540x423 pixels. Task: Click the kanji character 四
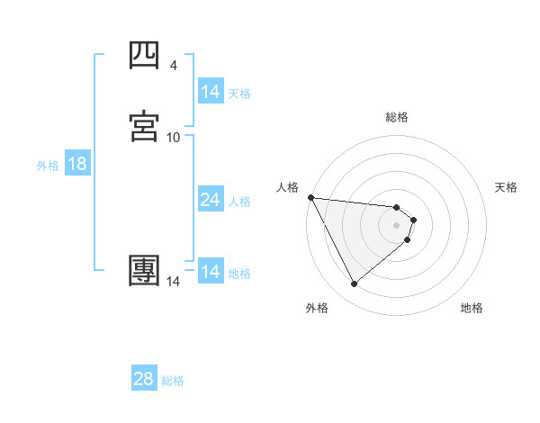pyautogui.click(x=145, y=56)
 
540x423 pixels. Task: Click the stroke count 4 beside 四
pyautogui.click(x=174, y=66)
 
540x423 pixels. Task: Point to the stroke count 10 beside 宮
pyautogui.click(x=174, y=137)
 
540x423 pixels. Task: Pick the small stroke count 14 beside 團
pyautogui.click(x=174, y=282)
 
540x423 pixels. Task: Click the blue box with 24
pyautogui.click(x=210, y=201)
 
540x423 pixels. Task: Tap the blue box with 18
pyautogui.click(x=76, y=165)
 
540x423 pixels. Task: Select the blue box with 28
pyautogui.click(x=144, y=379)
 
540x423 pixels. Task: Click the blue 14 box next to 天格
pyautogui.click(x=210, y=92)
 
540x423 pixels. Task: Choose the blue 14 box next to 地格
pyautogui.click(x=210, y=272)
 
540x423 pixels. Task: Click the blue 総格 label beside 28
pyautogui.click(x=173, y=381)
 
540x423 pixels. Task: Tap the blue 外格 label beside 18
pyautogui.click(x=48, y=166)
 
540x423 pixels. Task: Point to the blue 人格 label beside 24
pyautogui.click(x=240, y=202)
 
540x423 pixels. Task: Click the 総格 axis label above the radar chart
pyautogui.click(x=397, y=117)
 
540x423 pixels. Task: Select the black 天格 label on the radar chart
pyautogui.click(x=507, y=187)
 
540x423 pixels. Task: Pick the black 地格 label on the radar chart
pyautogui.click(x=472, y=308)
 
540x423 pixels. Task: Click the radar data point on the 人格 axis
pyautogui.click(x=310, y=197)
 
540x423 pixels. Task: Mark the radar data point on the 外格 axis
pyautogui.click(x=355, y=284)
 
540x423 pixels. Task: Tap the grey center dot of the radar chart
pyautogui.click(x=397, y=224)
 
